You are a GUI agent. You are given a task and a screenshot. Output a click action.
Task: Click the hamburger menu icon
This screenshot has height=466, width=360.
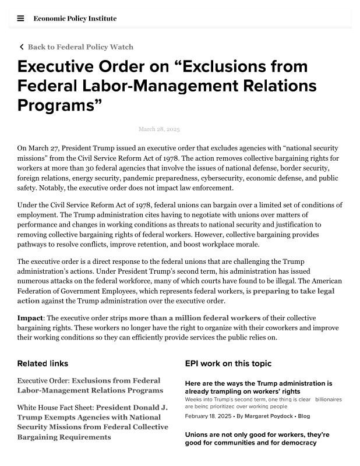pos(20,18)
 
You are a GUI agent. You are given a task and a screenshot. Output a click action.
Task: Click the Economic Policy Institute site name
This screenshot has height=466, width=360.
pos(75,18)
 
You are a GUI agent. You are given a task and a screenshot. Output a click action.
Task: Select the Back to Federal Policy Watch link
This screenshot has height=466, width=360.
pos(80,47)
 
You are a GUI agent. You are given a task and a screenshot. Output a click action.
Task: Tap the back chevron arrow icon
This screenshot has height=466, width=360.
pos(22,47)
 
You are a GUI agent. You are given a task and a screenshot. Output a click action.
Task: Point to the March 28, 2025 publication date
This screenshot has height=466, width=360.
pos(159,129)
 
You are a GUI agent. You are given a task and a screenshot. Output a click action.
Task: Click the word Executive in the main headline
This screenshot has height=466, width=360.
pos(59,66)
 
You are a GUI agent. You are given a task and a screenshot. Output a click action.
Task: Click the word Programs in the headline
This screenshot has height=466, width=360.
pos(57,105)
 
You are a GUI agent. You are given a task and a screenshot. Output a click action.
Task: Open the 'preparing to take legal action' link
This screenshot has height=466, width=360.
pos(293,291)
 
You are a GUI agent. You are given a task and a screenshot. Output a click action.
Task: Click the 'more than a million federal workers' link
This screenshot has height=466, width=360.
pos(195,318)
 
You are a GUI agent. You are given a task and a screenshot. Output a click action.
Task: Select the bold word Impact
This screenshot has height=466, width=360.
pos(30,318)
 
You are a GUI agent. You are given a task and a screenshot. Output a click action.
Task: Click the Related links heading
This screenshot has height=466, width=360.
pos(43,363)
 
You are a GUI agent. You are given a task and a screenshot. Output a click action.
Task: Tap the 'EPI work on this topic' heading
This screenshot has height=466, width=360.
pos(228,363)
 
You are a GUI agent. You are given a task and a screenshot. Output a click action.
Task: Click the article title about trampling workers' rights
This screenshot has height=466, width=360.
pos(259,387)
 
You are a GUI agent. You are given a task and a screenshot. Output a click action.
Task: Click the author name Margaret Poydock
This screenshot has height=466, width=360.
pos(269,416)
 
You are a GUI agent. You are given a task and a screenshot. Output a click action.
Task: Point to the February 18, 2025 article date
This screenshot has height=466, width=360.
pos(208,416)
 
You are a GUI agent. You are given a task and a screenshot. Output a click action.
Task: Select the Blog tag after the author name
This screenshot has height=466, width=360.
pos(303,416)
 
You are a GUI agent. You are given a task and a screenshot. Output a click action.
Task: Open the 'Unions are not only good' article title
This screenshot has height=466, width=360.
pos(257,439)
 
